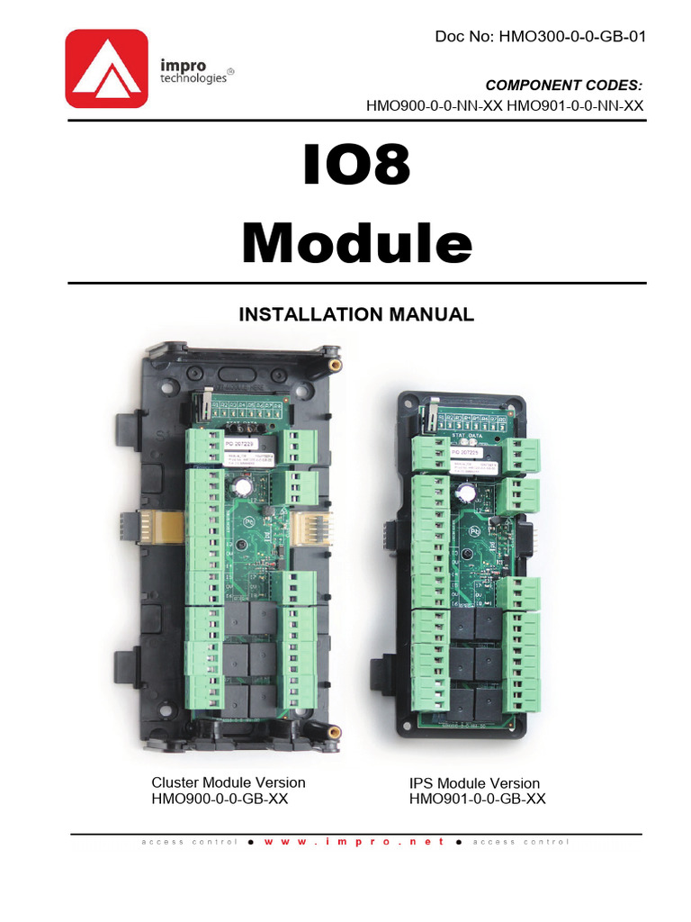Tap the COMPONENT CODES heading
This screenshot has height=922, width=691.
564,86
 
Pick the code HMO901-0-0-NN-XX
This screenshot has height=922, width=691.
576,105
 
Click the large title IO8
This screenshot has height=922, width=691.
357,167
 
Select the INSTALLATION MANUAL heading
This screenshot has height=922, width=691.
355,314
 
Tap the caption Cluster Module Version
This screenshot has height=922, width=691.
228,782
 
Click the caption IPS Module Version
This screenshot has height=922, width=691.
474,783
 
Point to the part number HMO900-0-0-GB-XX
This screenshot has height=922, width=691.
220,799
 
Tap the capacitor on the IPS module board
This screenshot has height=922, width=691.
465,494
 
